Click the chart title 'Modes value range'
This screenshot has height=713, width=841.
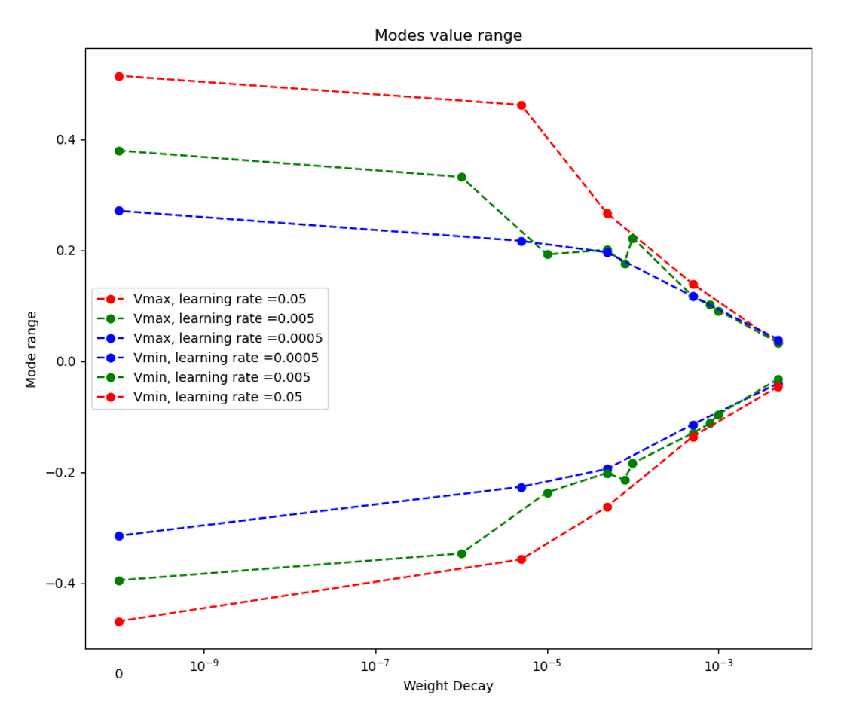tap(448, 36)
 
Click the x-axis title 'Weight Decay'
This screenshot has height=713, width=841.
tap(448, 686)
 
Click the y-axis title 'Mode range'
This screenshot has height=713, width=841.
tap(31, 349)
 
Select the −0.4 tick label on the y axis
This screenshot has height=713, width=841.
tap(65, 584)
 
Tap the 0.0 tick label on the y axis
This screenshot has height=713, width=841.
tap(69, 362)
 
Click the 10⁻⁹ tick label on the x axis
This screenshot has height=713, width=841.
tap(203, 666)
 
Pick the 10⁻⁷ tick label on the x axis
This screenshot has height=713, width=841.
tap(375, 666)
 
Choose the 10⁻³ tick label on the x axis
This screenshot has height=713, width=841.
tap(718, 666)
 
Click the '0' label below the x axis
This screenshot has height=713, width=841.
tap(118, 674)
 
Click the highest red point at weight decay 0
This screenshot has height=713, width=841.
tap(118, 76)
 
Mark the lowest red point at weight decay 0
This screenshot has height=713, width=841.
tap(118, 622)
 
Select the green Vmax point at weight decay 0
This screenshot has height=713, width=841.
tap(118, 151)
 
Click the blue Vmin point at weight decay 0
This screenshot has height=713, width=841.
tap(118, 536)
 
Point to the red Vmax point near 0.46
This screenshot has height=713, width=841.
tap(521, 105)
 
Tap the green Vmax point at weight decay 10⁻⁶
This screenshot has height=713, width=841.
tap(461, 177)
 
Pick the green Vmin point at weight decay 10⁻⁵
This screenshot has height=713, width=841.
tap(547, 493)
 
